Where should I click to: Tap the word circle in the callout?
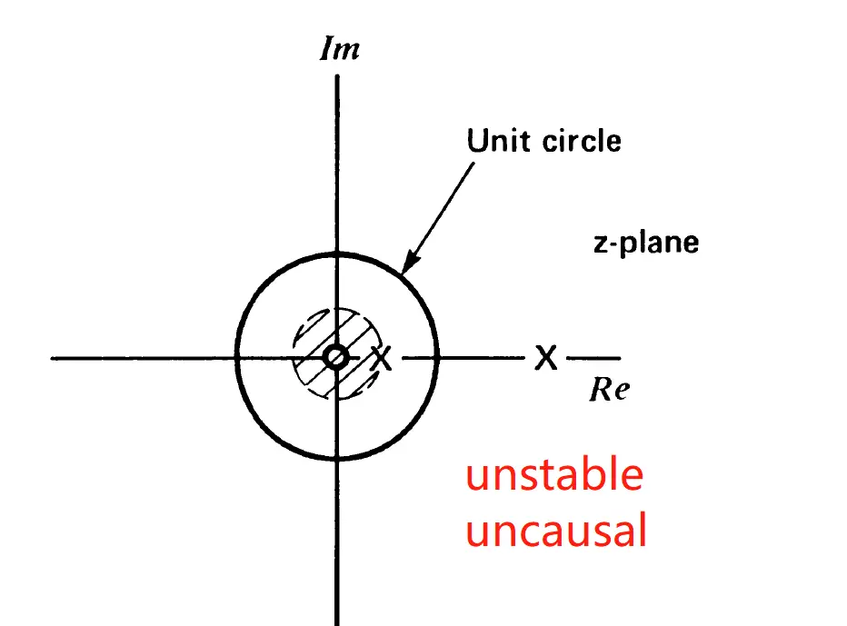coord(581,141)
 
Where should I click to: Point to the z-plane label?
coord(645,243)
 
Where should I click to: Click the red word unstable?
coord(554,475)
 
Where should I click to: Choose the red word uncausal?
coord(556,531)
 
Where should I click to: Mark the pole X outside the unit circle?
coord(544,358)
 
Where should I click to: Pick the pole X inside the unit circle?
coord(383,359)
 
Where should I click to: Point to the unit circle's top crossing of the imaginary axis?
coord(337,254)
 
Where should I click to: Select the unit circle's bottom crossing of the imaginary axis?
coord(337,459)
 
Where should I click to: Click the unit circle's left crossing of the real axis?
coord(236,358)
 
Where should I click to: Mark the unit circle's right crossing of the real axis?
coord(439,358)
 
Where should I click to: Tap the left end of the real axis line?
coord(55,358)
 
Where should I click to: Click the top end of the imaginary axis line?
coord(337,76)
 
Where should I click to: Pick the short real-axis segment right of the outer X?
coord(593,358)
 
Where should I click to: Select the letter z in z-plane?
coord(599,244)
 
